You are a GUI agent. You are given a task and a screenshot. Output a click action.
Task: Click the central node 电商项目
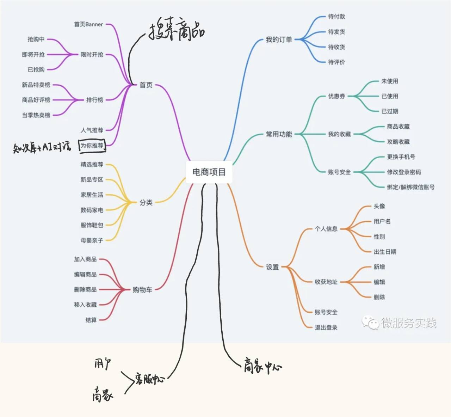click(x=209, y=172)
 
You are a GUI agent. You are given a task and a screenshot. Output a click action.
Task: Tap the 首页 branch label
click(x=146, y=85)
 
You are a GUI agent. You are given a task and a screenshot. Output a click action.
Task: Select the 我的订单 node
click(x=279, y=39)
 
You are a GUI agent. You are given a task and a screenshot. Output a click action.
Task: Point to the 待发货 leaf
click(x=336, y=32)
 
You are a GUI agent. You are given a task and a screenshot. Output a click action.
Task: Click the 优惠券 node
click(x=336, y=96)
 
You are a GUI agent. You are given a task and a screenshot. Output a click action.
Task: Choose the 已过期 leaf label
click(x=390, y=111)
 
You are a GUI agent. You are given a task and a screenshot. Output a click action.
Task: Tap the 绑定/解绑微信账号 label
click(x=410, y=187)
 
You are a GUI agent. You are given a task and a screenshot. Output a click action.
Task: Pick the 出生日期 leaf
click(x=385, y=252)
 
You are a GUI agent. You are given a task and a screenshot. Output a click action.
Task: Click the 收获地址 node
click(x=326, y=282)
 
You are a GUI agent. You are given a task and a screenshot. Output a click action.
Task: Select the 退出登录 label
click(x=326, y=327)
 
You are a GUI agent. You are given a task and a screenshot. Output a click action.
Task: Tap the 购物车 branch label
click(x=142, y=290)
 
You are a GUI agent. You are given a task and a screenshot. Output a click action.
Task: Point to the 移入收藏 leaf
click(x=85, y=305)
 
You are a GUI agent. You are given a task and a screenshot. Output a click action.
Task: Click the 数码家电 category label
click(x=92, y=210)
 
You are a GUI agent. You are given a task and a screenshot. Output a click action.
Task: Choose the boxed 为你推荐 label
click(x=92, y=146)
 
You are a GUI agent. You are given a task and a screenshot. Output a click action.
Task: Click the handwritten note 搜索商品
click(x=176, y=31)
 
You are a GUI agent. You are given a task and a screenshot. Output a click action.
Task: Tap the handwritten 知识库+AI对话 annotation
click(x=42, y=147)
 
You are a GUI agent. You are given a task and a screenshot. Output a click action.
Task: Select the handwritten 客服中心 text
click(x=149, y=379)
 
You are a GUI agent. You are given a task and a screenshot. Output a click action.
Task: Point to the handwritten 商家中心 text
click(x=262, y=367)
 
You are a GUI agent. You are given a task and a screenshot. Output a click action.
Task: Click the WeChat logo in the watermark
click(x=370, y=322)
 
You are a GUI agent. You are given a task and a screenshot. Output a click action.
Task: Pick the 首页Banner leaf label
click(x=88, y=24)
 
